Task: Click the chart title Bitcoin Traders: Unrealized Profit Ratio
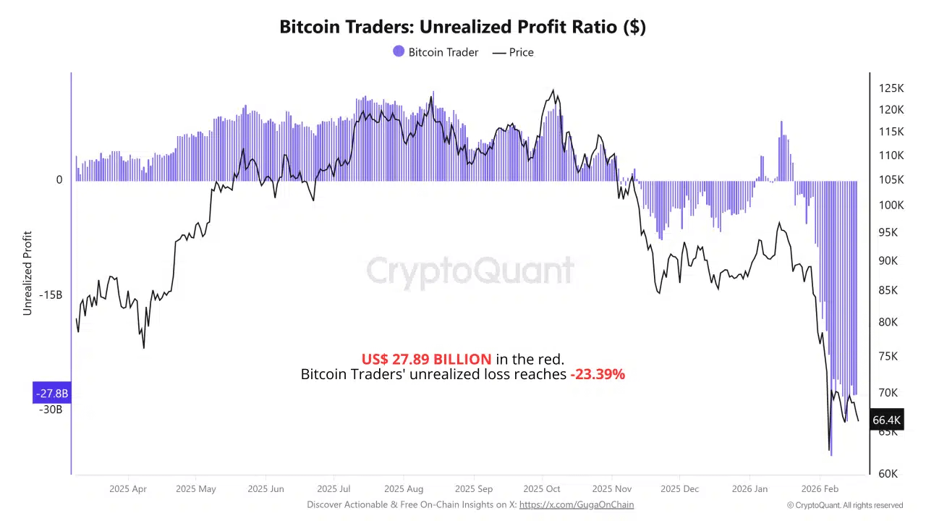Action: [x=462, y=27]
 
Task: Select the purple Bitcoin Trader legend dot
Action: [x=399, y=51]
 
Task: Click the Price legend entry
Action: [x=513, y=52]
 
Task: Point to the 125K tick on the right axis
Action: [x=891, y=88]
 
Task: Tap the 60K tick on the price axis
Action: [x=888, y=473]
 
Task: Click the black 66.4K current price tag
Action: [x=886, y=420]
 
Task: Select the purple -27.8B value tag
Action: [x=52, y=393]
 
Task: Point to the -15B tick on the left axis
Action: [x=51, y=295]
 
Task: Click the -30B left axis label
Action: [x=51, y=410]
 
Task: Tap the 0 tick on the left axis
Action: [x=59, y=179]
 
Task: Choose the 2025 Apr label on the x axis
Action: [x=128, y=488]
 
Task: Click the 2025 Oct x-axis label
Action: [x=542, y=488]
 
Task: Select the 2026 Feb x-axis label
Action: [x=820, y=488]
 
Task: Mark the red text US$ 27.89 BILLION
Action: [x=426, y=359]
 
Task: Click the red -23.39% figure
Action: [x=597, y=374]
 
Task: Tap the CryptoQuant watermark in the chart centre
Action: [x=470, y=271]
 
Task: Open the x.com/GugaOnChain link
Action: [x=577, y=504]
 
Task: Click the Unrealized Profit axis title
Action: [x=27, y=273]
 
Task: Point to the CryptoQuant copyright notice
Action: [x=845, y=505]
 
